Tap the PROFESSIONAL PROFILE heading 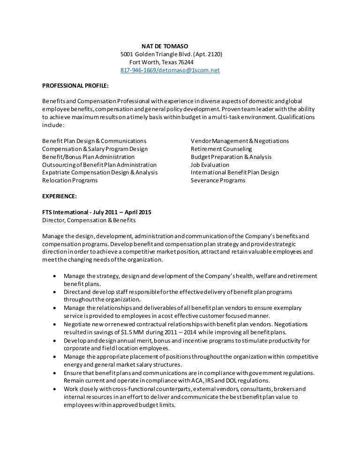(x=75, y=86)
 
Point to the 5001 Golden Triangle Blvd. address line (x=171, y=54)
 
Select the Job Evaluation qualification (x=210, y=165)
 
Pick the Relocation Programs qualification (x=70, y=180)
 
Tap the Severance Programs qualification (x=217, y=180)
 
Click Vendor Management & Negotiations (x=240, y=141)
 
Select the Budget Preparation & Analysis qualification (x=231, y=157)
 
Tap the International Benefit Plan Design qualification (x=234, y=173)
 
